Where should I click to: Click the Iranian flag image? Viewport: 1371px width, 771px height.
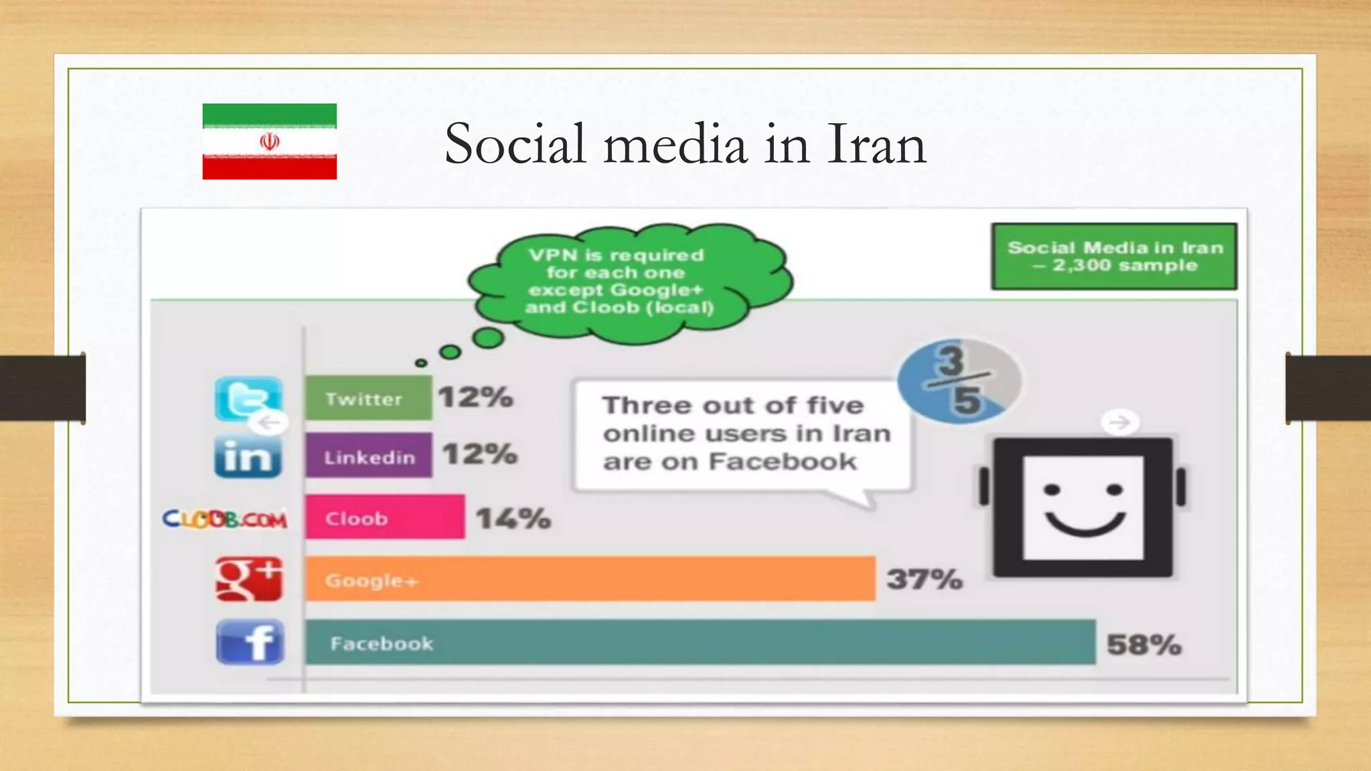coord(269,141)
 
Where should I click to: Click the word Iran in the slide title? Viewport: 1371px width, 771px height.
coord(876,144)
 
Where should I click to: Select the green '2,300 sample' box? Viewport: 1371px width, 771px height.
coord(1114,256)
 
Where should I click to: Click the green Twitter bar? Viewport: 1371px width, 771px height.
coord(368,398)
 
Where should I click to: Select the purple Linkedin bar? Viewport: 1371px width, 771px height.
coord(368,455)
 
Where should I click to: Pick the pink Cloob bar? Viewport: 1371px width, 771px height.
coord(385,517)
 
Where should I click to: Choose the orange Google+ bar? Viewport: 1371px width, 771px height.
coord(590,579)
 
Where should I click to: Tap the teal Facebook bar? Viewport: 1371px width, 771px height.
coord(700,642)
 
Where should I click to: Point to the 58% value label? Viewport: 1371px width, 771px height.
coord(1143,645)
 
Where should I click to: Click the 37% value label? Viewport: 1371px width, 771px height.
coord(924,579)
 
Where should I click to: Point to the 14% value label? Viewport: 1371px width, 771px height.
coord(513,518)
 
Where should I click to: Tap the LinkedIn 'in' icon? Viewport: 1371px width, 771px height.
coord(248,456)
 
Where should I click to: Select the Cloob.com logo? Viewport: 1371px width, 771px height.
coord(225,519)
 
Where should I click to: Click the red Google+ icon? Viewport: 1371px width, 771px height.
coord(249,579)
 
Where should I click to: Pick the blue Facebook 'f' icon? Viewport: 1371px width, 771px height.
coord(250,642)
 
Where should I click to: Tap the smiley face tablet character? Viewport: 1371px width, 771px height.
coord(1082,507)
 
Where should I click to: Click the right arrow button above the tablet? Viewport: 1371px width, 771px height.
coord(1119,422)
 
